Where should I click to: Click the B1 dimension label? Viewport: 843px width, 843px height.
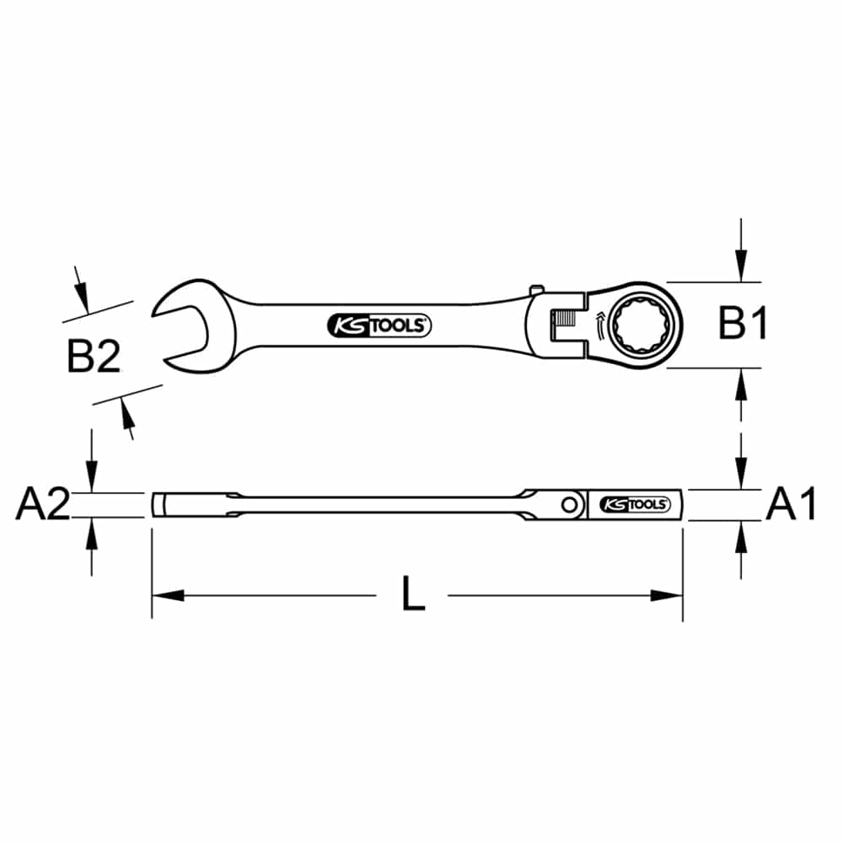743,325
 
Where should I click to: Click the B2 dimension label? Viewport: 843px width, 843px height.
94,356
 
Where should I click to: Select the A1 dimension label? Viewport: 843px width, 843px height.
791,504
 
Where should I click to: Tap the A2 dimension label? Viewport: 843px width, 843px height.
43,504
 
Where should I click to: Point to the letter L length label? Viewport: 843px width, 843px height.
413,593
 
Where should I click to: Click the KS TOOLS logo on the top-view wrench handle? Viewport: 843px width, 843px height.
379,325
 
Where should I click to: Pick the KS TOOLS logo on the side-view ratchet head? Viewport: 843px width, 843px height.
635,504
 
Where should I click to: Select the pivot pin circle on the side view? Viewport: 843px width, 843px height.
569,505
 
